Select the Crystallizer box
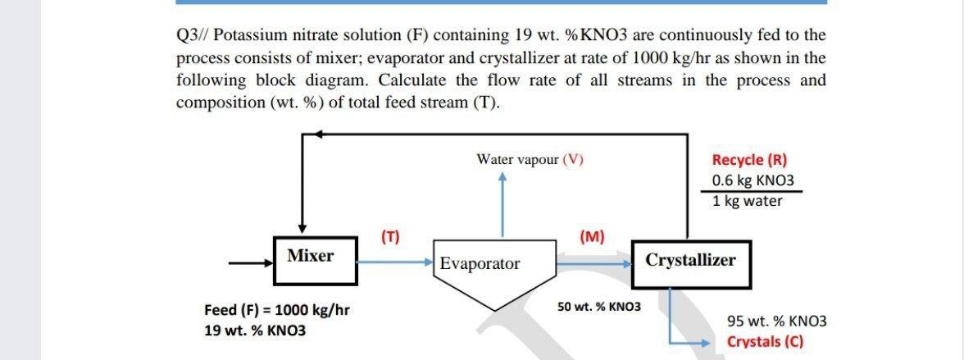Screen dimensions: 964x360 tap(690, 262)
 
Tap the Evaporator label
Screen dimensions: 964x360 tap(480, 264)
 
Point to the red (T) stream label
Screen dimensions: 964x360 tap(390, 238)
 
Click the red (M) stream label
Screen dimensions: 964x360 tap(591, 238)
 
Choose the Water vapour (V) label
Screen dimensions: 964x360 tap(530, 159)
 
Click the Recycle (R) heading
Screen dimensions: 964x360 tap(749, 160)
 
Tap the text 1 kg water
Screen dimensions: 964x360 tap(748, 201)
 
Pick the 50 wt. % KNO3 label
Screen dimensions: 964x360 tap(599, 307)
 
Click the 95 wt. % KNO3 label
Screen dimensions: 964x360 tap(776, 321)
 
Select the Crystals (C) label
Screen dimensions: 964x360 tap(764, 342)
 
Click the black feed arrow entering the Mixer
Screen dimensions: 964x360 tap(250, 264)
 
